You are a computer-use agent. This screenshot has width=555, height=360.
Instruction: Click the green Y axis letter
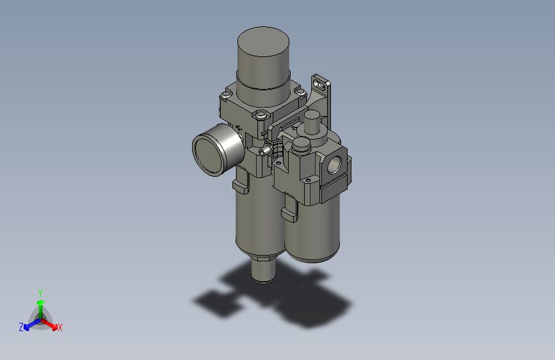pyautogui.click(x=40, y=292)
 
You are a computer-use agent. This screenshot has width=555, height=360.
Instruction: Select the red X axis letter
pyautogui.click(x=60, y=328)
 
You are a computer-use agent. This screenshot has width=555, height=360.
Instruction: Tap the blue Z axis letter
pyautogui.click(x=21, y=327)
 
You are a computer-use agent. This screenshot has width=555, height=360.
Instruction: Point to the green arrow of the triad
pyautogui.click(x=40, y=304)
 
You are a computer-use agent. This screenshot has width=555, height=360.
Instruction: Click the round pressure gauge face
pyautogui.click(x=213, y=149)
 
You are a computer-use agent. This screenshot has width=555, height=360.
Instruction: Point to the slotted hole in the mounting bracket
pyautogui.click(x=318, y=83)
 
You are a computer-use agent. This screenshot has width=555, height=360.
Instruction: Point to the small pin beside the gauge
pyautogui.click(x=264, y=152)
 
